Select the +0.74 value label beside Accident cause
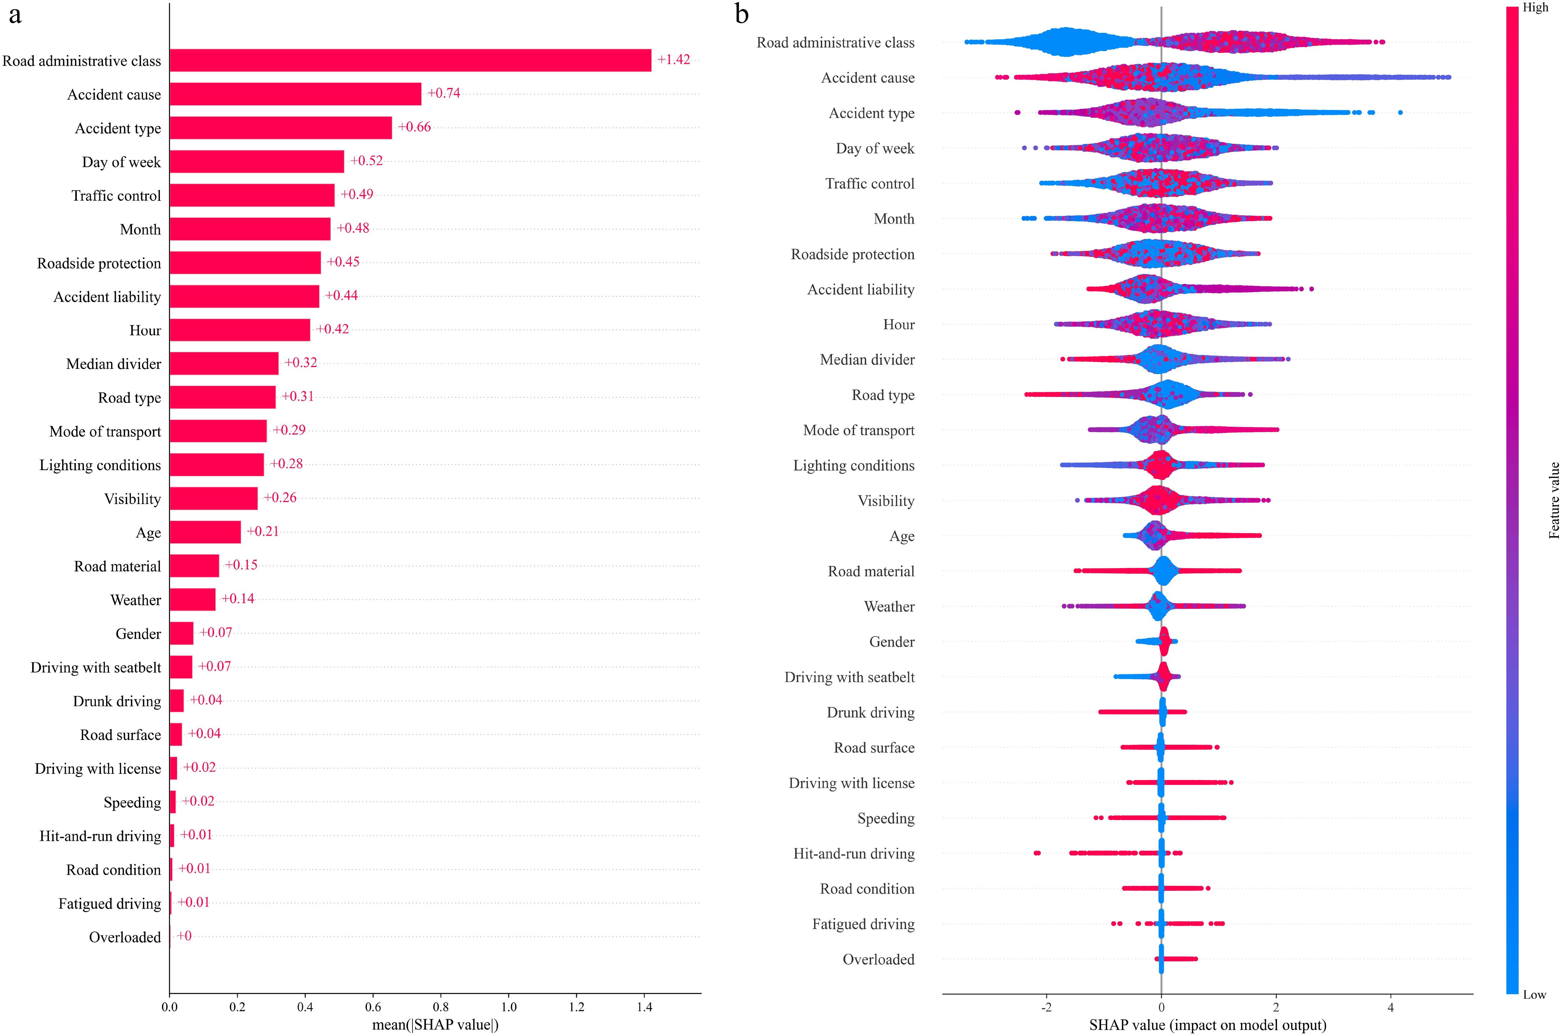point(444,93)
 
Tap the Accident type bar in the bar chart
point(280,128)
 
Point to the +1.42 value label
point(673,59)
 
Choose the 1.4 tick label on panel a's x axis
point(644,1007)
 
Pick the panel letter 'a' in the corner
point(15,15)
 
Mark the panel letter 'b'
point(742,15)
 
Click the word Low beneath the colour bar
point(1535,995)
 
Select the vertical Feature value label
point(1554,500)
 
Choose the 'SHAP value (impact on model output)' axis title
point(1207,1025)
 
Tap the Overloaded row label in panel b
point(878,959)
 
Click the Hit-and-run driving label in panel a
point(100,836)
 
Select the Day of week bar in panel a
point(257,162)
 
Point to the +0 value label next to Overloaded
point(184,935)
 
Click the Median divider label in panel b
point(867,360)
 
